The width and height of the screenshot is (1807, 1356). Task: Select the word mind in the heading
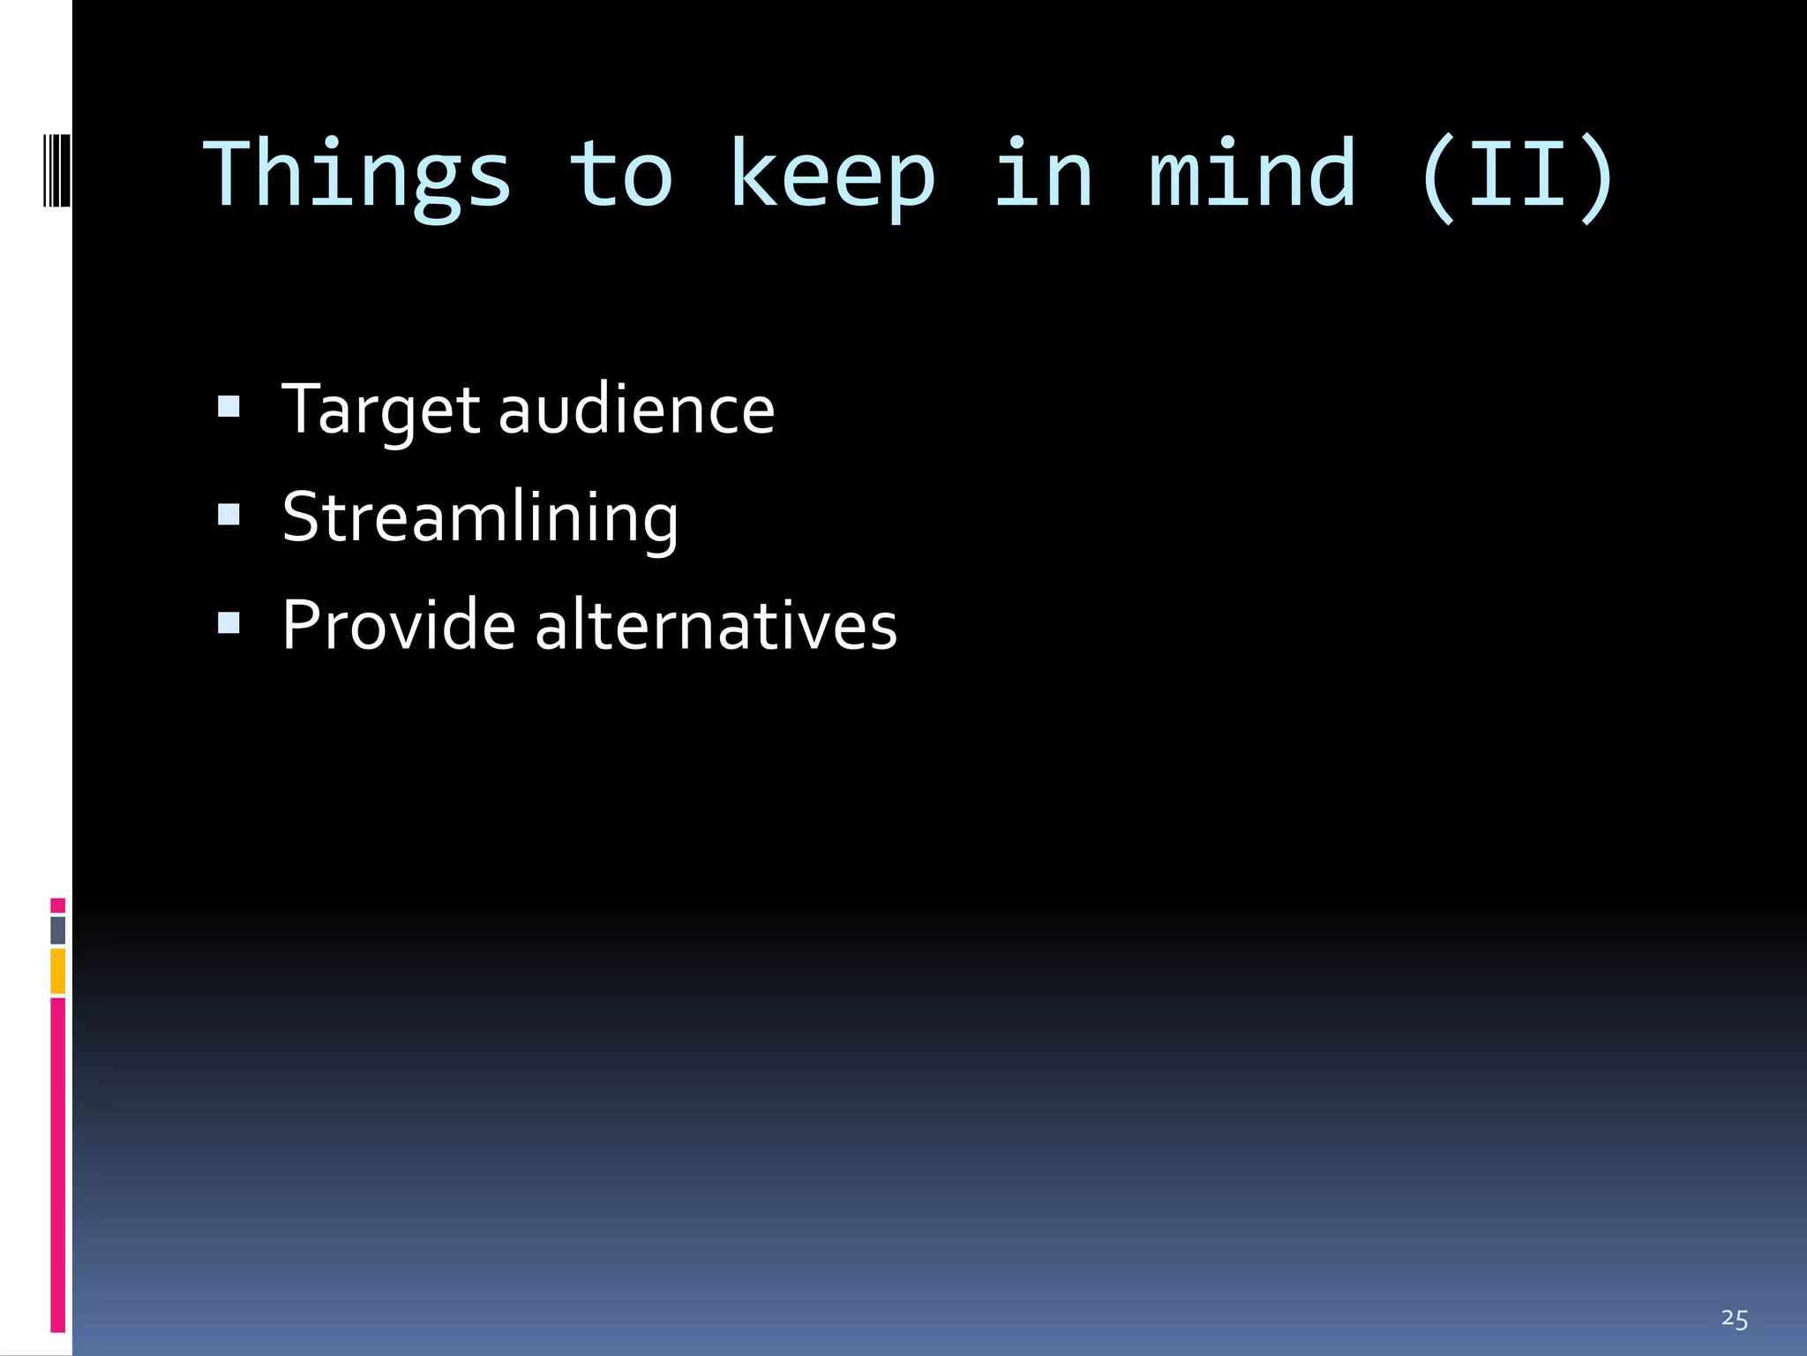[1252, 175]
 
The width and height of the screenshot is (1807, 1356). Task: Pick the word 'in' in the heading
[1043, 175]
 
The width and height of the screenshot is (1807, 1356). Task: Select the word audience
[636, 411]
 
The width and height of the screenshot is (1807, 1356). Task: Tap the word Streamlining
[480, 518]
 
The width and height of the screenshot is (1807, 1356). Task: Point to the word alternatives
[716, 625]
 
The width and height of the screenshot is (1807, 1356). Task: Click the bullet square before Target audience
[229, 406]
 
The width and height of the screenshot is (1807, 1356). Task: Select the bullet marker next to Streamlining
[229, 514]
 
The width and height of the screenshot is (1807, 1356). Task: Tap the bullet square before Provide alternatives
[229, 622]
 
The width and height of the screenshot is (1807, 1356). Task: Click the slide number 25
[1734, 1319]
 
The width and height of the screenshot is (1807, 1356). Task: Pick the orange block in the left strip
[57, 971]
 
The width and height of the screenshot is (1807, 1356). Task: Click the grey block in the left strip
[57, 930]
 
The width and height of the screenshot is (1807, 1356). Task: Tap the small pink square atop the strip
[57, 905]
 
